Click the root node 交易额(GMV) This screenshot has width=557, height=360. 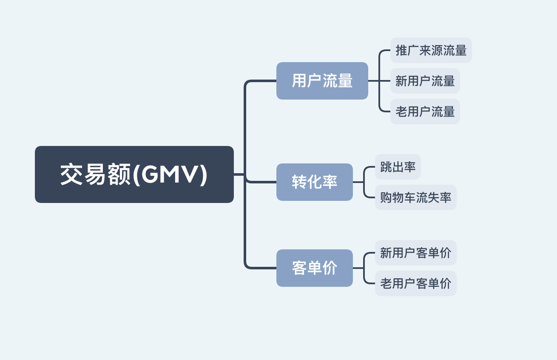[x=134, y=174]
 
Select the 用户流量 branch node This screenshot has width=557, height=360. [x=322, y=81]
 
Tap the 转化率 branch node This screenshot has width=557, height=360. [x=314, y=182]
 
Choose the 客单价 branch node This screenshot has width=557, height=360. [x=314, y=268]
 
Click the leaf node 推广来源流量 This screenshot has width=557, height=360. [x=431, y=50]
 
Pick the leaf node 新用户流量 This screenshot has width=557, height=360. [x=425, y=81]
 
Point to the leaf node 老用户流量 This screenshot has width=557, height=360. [x=425, y=111]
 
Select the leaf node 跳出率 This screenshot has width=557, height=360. [x=398, y=167]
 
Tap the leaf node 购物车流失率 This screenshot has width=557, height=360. [x=415, y=197]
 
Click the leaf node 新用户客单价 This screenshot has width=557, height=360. [x=415, y=253]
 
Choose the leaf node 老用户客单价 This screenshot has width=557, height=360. [x=415, y=283]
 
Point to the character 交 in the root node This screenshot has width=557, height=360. [x=71, y=174]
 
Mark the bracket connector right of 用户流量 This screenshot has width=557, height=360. [x=379, y=81]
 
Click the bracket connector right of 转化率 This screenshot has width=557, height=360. [x=364, y=182]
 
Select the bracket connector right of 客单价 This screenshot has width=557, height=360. [x=364, y=268]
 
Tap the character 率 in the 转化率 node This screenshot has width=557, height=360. [x=330, y=182]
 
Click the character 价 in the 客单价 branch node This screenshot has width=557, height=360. [x=330, y=268]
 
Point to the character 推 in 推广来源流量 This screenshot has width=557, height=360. [x=401, y=50]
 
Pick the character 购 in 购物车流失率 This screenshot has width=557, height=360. [x=386, y=197]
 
